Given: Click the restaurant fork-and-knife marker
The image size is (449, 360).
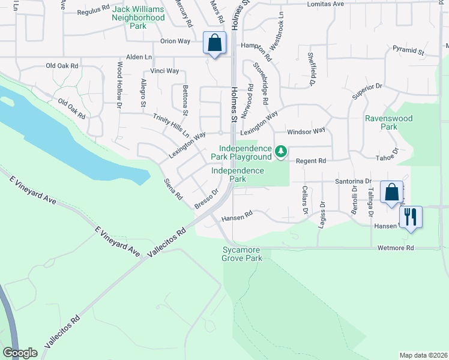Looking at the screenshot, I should [411, 217].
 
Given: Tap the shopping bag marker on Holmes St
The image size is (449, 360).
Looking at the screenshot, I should [214, 43].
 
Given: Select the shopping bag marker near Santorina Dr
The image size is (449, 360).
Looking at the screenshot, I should [391, 193].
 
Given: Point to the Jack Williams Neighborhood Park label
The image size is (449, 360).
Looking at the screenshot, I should [138, 18].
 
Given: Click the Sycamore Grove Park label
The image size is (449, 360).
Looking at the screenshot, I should [242, 254].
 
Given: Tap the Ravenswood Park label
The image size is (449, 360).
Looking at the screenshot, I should [389, 123].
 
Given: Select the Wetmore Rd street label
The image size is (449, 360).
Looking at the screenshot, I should [396, 248].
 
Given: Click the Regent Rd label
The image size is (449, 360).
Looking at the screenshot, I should [310, 161].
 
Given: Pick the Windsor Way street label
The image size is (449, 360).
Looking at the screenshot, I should [306, 130].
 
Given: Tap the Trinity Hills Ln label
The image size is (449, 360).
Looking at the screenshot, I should [170, 125].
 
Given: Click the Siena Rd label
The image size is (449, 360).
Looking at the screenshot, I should [173, 189].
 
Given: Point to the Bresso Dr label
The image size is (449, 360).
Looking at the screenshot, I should [205, 200].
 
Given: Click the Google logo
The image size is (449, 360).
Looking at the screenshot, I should [20, 353].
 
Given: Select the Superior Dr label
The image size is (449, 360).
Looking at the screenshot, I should [367, 91].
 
